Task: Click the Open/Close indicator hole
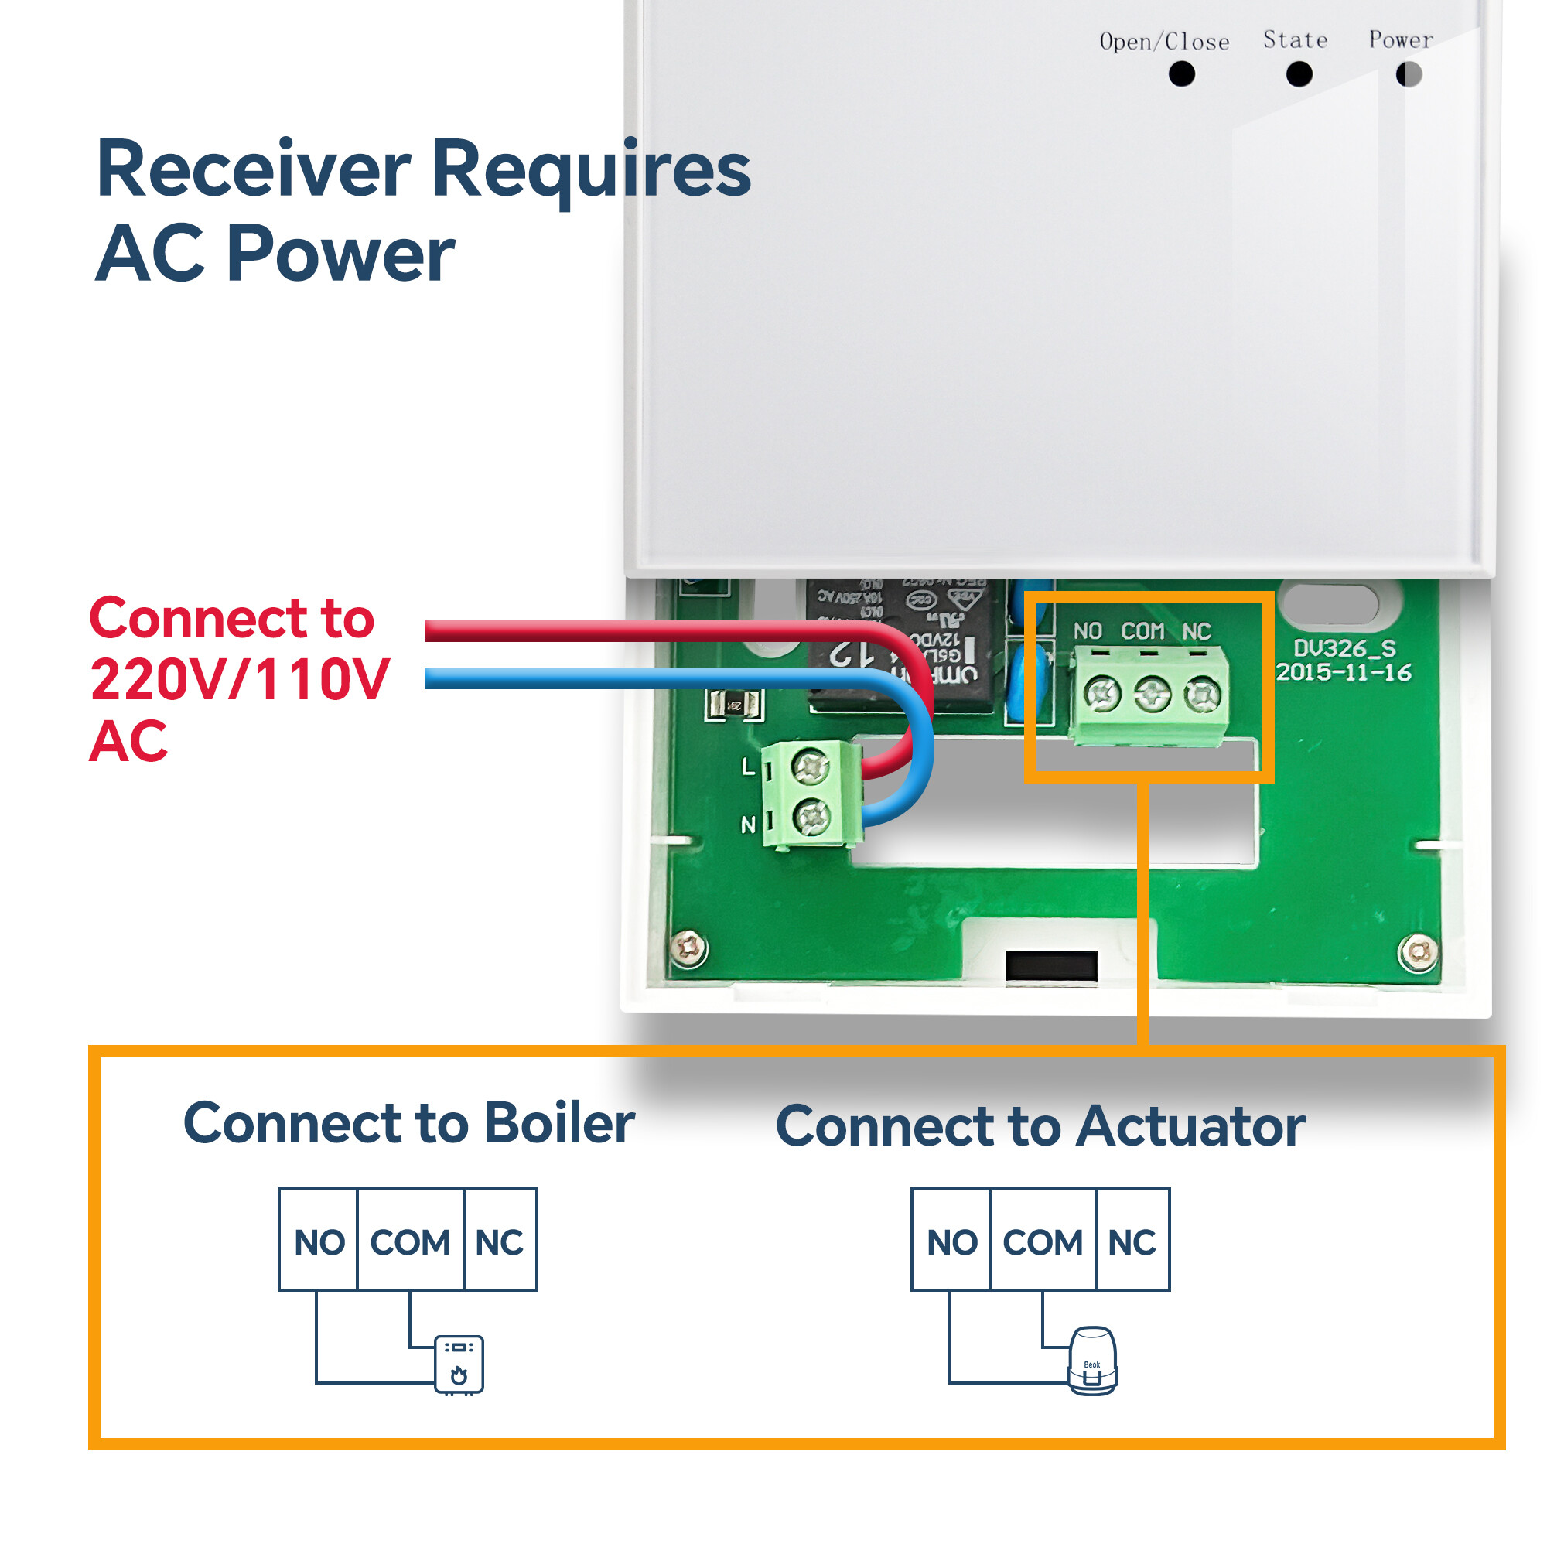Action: [x=1182, y=74]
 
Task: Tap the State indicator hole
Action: [x=1299, y=74]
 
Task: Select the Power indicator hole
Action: [x=1409, y=74]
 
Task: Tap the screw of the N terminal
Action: [x=811, y=818]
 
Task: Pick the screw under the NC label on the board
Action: [x=1202, y=695]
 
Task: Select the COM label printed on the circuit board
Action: [x=1142, y=632]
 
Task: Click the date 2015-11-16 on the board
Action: [x=1344, y=673]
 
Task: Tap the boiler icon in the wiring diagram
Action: [x=459, y=1364]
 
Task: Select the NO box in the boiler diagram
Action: [x=319, y=1242]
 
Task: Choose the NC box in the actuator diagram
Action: [x=1132, y=1242]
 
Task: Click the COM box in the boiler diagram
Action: [x=410, y=1242]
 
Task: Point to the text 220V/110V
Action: [x=240, y=680]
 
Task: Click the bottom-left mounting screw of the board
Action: [x=688, y=949]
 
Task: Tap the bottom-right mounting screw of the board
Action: [x=1418, y=952]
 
